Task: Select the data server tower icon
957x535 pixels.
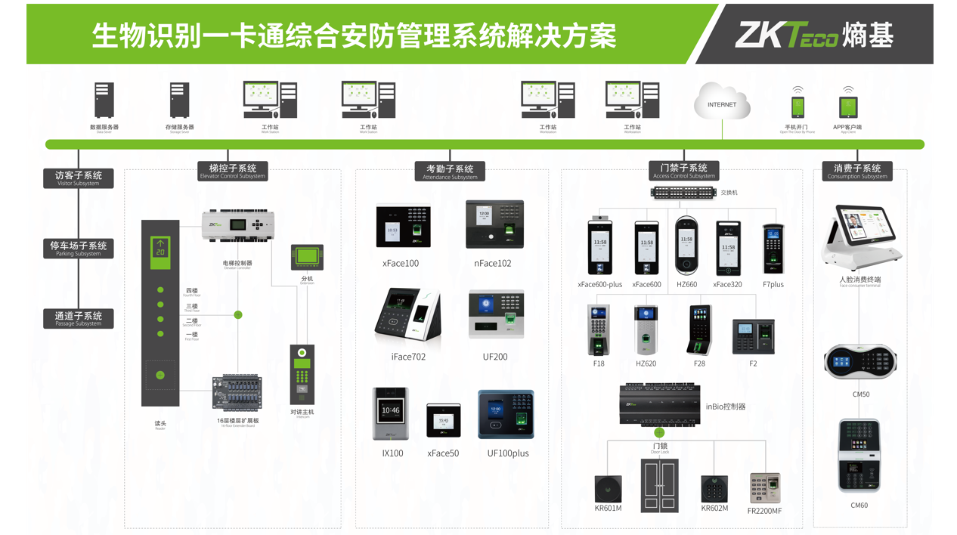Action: click(104, 101)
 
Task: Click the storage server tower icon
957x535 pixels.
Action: click(179, 101)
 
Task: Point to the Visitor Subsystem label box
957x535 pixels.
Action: click(79, 178)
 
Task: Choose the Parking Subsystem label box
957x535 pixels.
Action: click(79, 249)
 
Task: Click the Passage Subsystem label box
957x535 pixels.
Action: click(79, 318)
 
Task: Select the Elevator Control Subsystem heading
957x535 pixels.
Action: click(232, 171)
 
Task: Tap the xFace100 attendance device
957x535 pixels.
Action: click(403, 226)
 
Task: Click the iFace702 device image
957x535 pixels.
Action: click(408, 314)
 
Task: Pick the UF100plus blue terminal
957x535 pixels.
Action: click(506, 414)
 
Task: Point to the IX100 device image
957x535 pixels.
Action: click(391, 413)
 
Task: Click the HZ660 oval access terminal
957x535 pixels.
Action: click(686, 245)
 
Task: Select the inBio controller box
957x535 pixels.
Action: click(659, 405)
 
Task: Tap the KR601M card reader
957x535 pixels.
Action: click(608, 489)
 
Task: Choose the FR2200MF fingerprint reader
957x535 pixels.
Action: click(764, 488)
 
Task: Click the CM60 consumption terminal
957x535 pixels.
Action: click(859, 456)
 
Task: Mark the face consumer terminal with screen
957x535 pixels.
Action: click(861, 236)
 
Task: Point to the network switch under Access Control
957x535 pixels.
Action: click(683, 193)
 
